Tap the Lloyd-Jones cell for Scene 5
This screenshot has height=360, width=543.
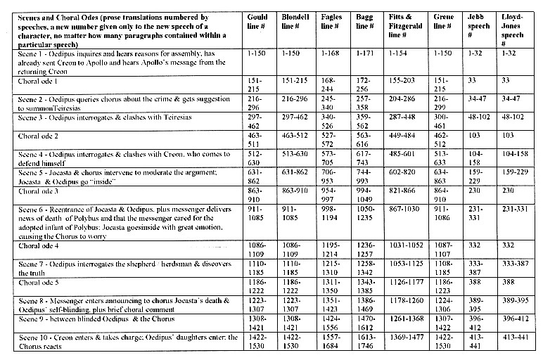[516, 172]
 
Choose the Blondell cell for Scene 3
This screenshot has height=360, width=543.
[295, 116]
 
